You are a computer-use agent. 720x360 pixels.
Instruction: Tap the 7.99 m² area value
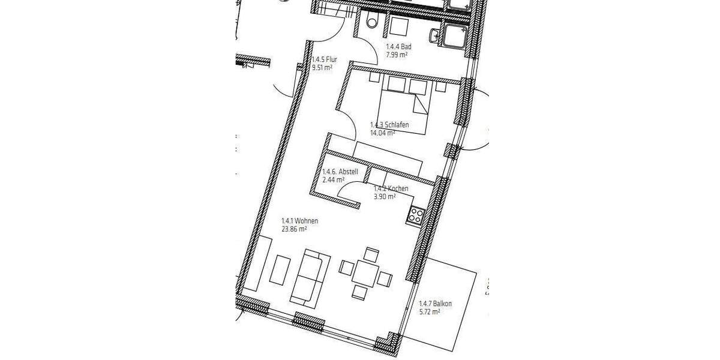pyautogui.click(x=396, y=55)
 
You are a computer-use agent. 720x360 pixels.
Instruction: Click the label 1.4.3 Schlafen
pyautogui.click(x=389, y=125)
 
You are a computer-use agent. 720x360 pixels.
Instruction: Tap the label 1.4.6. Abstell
pyautogui.click(x=340, y=172)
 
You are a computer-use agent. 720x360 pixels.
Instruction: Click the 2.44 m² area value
pyautogui.click(x=333, y=179)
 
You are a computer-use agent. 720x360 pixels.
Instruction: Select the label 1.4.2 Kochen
pyautogui.click(x=391, y=188)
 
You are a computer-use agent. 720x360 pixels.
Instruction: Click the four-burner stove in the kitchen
pyautogui.click(x=416, y=214)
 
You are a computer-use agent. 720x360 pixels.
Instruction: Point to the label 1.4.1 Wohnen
pyautogui.click(x=299, y=221)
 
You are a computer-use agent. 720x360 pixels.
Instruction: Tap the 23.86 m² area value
pyautogui.click(x=295, y=229)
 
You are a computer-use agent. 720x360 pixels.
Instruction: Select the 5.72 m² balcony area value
pyautogui.click(x=430, y=312)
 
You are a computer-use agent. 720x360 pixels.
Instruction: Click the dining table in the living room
pyautogui.click(x=365, y=273)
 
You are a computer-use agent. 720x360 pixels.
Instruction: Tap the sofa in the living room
pyautogui.click(x=311, y=276)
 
